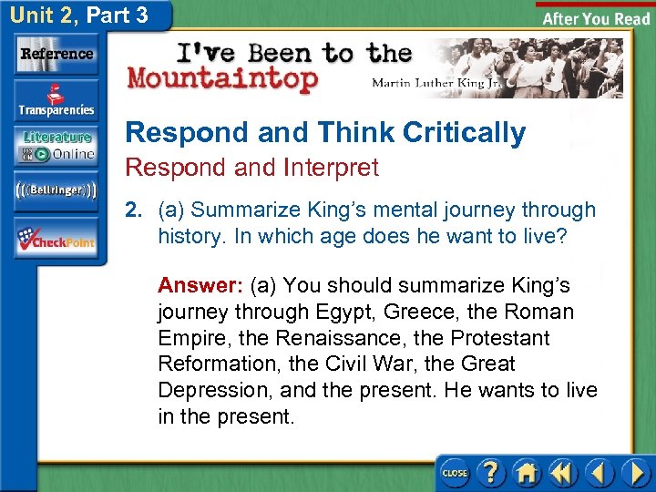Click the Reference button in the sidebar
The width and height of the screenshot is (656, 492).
point(56,54)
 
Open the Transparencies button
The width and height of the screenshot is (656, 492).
point(56,101)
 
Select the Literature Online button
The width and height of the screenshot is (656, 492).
point(56,146)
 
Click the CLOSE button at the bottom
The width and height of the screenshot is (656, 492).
point(455,473)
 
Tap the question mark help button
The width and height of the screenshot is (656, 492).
point(490,473)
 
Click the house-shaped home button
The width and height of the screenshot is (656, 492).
point(526,473)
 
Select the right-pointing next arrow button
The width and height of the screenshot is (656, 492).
point(635,473)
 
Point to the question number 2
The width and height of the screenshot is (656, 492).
point(134,210)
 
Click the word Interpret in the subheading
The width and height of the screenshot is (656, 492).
point(331,169)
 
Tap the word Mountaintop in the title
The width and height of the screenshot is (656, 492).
point(223,79)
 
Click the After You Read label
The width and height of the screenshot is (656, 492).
point(596,18)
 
